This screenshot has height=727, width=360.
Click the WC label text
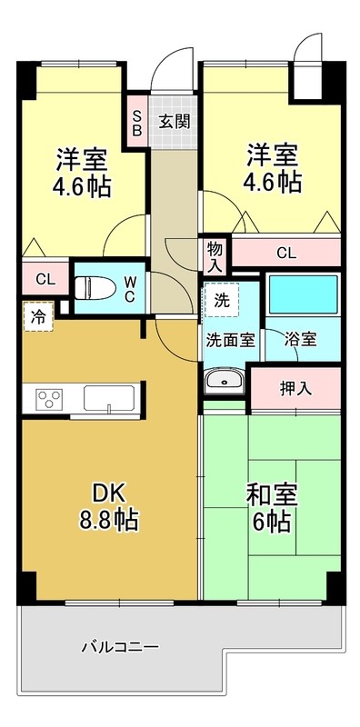click(x=129, y=288)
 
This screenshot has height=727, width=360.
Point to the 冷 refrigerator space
click(x=38, y=317)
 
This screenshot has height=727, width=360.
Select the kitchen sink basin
click(x=109, y=397)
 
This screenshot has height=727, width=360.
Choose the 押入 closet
click(x=295, y=387)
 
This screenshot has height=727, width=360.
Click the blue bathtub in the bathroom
click(x=303, y=294)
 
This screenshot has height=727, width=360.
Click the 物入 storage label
click(x=215, y=255)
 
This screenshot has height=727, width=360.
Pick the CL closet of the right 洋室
click(x=285, y=254)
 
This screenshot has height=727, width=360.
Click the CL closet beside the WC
click(x=44, y=279)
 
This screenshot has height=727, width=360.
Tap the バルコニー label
click(x=120, y=648)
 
